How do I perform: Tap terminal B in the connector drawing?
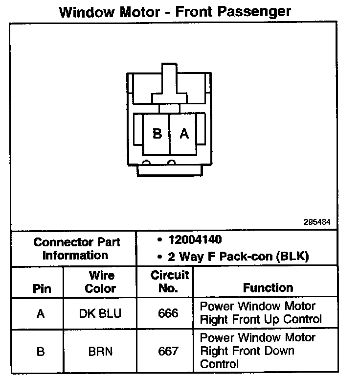click(157, 133)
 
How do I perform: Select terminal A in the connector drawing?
click(184, 133)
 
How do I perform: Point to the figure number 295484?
click(317, 221)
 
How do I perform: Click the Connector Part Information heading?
click(76, 248)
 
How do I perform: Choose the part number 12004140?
click(194, 240)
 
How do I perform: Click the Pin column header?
click(42, 288)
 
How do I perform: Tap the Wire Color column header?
click(101, 282)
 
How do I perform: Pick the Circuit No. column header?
click(168, 282)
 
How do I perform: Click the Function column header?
click(268, 287)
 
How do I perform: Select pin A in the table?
click(41, 313)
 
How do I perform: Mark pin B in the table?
click(41, 351)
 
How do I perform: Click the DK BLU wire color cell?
click(100, 313)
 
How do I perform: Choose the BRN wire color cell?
click(100, 351)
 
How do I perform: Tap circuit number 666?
click(168, 313)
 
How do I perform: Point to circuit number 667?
click(168, 351)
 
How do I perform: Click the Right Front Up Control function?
click(261, 313)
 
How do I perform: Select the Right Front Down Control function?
click(258, 351)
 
